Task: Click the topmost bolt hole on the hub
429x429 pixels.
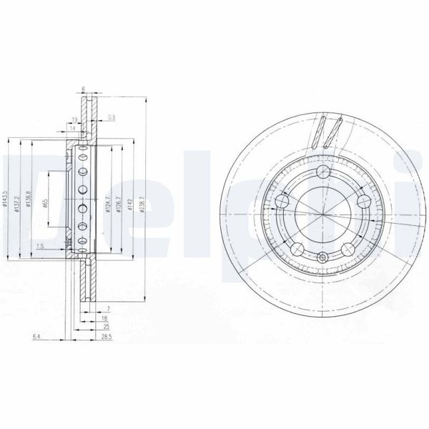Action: (324, 172)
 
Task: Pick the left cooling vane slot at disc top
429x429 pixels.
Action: (317, 132)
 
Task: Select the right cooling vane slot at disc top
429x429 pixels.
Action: (332, 133)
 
